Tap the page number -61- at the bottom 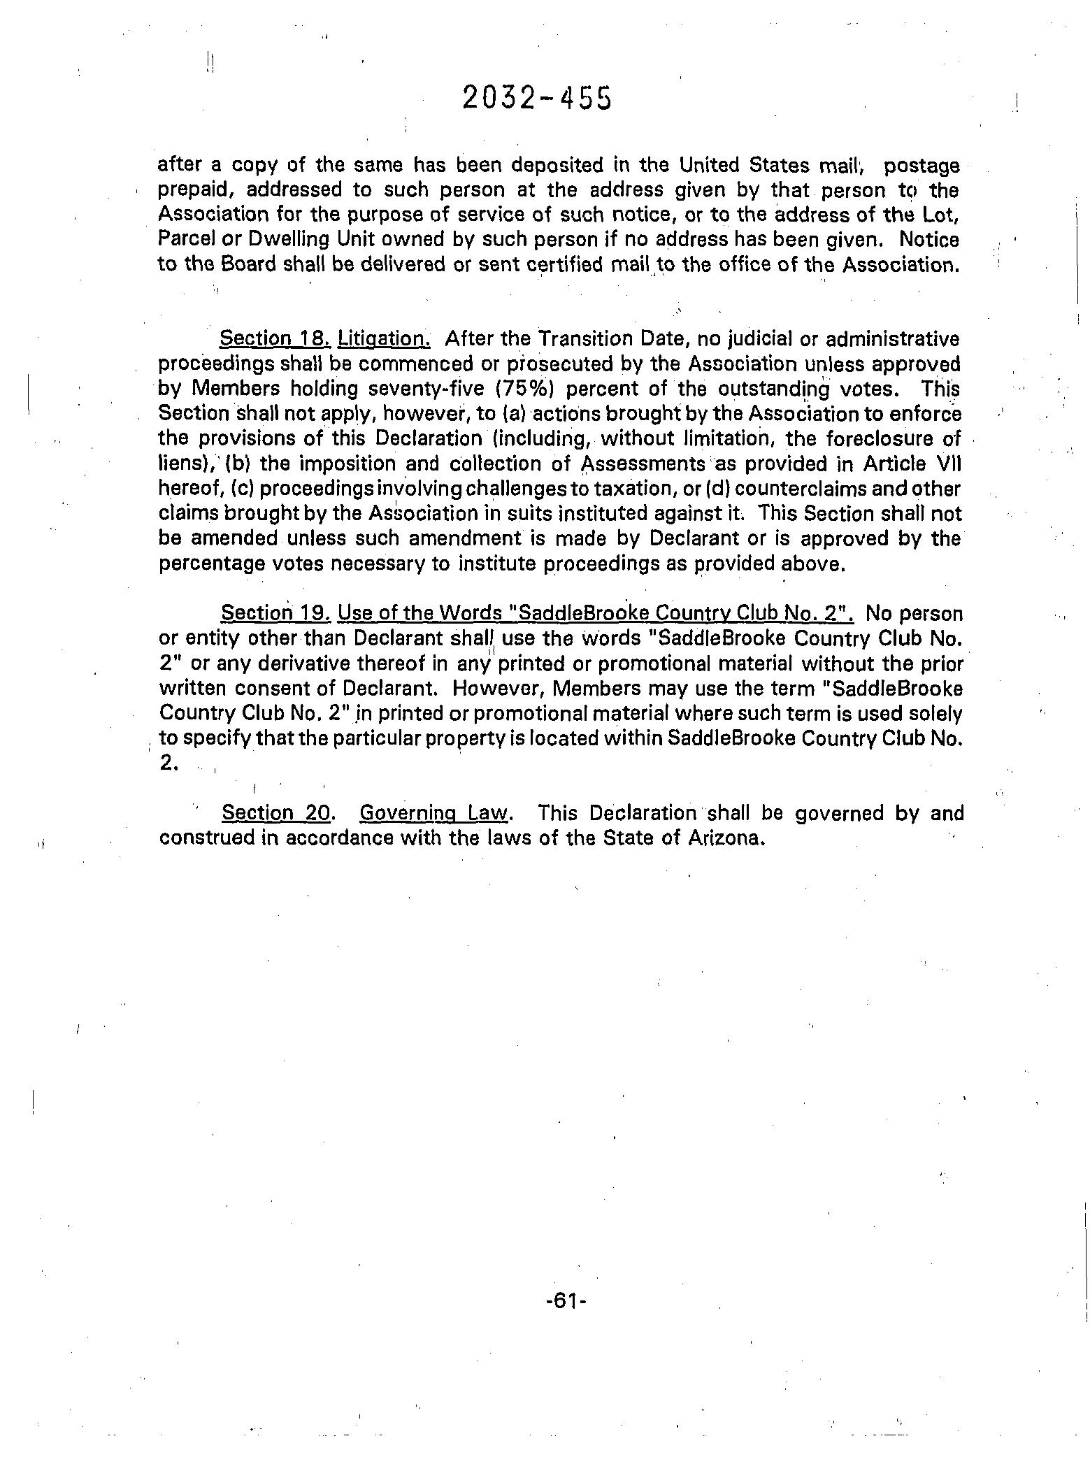click(557, 1301)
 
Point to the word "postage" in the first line click(921, 166)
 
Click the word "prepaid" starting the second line click(189, 191)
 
